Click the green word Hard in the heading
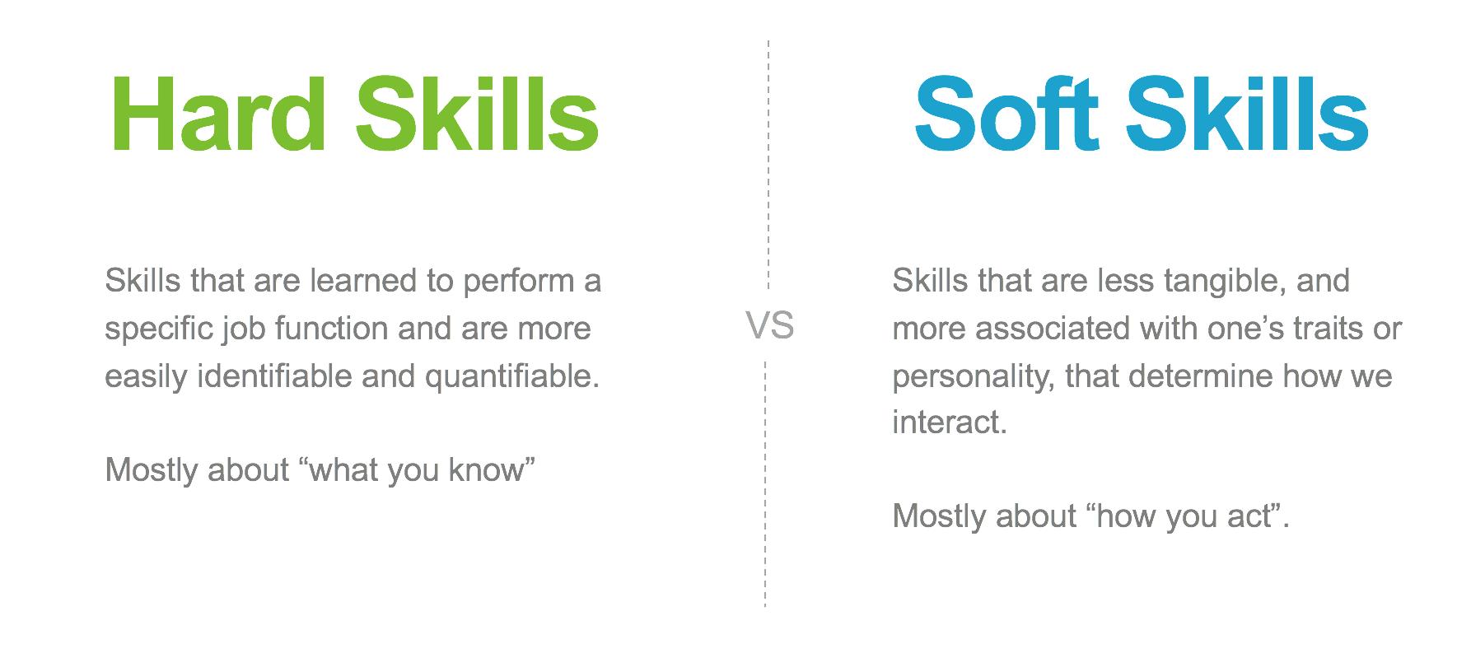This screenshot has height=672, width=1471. coord(219,114)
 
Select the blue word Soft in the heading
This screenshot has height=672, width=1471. coord(1006,114)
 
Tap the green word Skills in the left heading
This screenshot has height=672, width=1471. coord(477,114)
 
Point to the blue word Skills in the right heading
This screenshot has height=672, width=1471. coord(1247,114)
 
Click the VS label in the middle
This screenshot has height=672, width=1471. coord(770,325)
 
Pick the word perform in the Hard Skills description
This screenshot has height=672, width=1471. coord(519,282)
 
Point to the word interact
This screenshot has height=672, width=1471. coord(950,422)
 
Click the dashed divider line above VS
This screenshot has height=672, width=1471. coord(768,164)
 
